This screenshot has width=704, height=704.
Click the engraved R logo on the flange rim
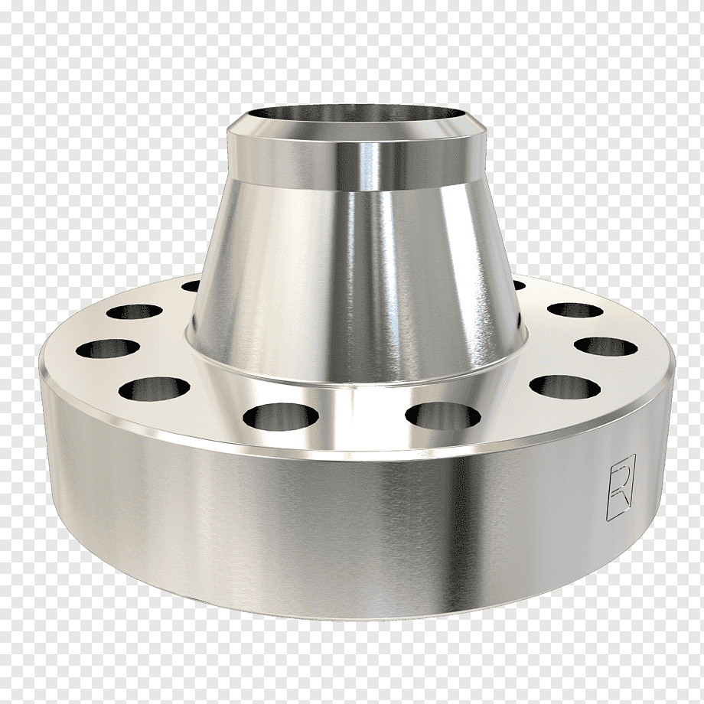pos(621,487)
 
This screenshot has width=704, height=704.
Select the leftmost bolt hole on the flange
pos(107,349)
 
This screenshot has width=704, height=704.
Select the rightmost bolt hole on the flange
pos(606,346)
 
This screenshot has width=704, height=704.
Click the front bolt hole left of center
pos(280,416)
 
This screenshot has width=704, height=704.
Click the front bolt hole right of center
pos(443,416)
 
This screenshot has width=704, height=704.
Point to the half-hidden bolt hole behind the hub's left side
pos(191,285)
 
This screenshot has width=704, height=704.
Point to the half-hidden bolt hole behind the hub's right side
pos(519,285)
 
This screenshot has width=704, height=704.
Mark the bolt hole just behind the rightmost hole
pos(575,310)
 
